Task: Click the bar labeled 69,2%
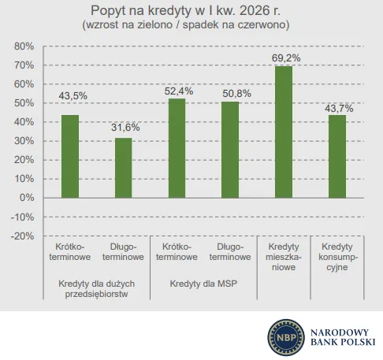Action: click(x=284, y=132)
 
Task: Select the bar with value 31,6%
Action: click(x=123, y=168)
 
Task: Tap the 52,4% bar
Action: click(x=177, y=148)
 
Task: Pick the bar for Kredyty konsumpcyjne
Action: click(x=337, y=156)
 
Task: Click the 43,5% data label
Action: click(x=73, y=96)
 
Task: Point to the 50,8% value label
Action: click(x=236, y=94)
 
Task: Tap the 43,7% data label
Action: click(x=339, y=108)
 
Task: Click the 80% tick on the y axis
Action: click(x=24, y=46)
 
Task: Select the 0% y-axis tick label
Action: click(x=27, y=198)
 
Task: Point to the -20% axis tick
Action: click(x=23, y=236)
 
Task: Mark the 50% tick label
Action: click(x=24, y=103)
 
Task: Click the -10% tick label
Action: click(x=23, y=217)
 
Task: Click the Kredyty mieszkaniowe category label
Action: click(x=284, y=257)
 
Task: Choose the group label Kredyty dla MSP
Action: click(x=203, y=284)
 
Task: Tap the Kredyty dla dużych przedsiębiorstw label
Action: click(x=96, y=288)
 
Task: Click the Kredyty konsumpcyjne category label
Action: click(x=338, y=257)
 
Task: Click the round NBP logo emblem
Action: click(x=286, y=337)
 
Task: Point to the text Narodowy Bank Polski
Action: click(x=343, y=337)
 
